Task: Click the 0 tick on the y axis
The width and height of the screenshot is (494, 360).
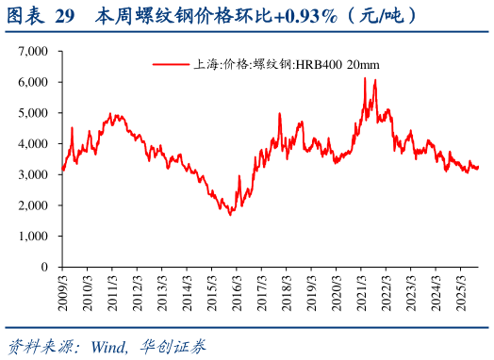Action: click(45, 267)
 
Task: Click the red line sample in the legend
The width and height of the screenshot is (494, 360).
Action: click(171, 65)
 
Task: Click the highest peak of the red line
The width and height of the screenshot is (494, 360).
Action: click(365, 78)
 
